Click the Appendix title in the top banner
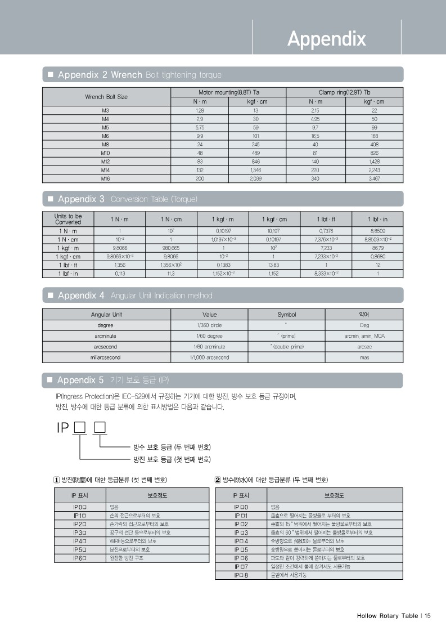click(326, 39)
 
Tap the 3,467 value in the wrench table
click(374, 178)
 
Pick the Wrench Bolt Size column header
click(106, 97)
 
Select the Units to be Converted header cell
click(68, 219)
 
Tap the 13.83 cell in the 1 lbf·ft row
click(273, 265)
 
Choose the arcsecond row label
click(106, 347)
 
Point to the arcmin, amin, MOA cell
click(364, 336)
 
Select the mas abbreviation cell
click(364, 357)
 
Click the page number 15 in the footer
click(427, 616)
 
